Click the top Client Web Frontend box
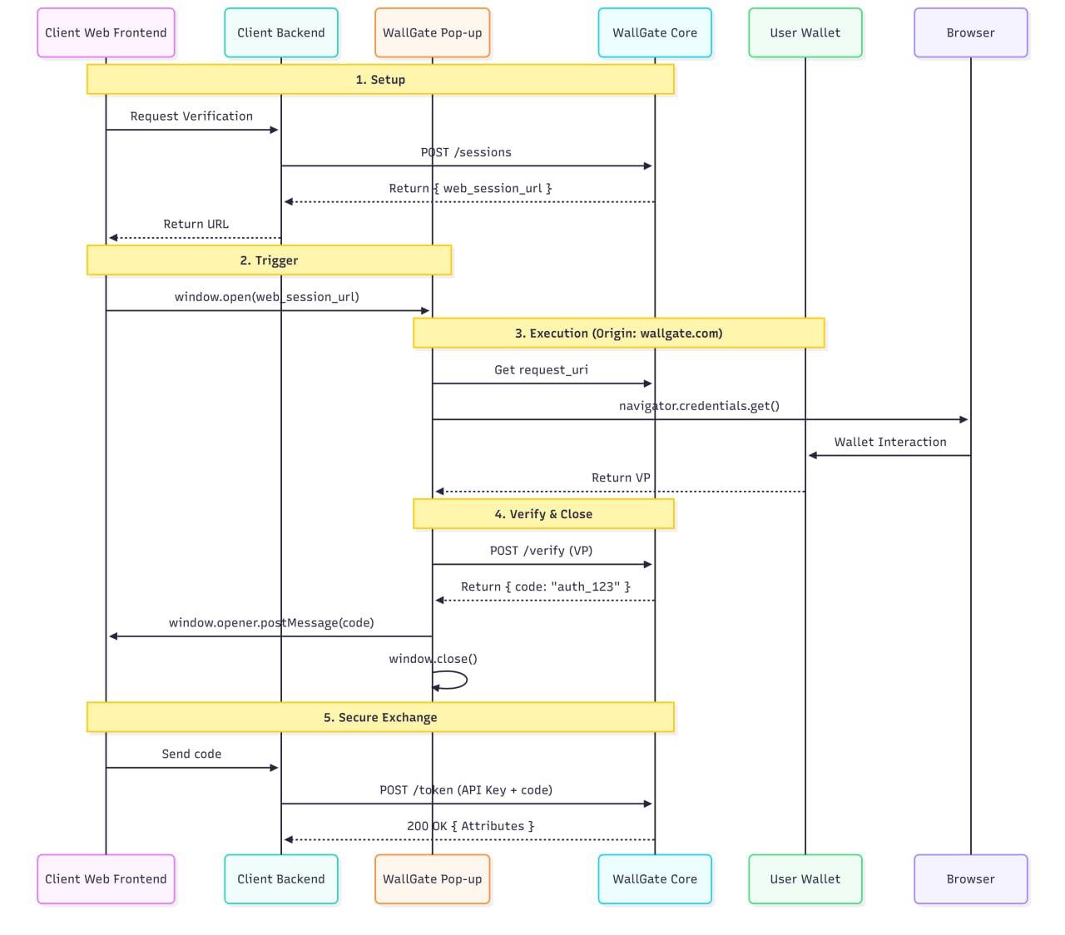[x=106, y=33]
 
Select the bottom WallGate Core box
[x=655, y=879]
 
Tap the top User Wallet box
[x=805, y=33]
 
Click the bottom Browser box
[x=970, y=879]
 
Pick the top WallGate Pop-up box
[x=432, y=33]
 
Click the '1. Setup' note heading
[x=380, y=80]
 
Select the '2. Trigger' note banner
[x=269, y=260]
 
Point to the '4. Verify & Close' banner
[x=543, y=514]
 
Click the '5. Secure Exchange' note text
[x=380, y=717]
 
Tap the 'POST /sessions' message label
[x=466, y=152]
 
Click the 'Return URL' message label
[x=196, y=224]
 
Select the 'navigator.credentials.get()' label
[x=699, y=406]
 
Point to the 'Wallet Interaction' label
[x=890, y=442]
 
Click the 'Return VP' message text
[x=621, y=477]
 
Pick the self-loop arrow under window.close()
[x=453, y=680]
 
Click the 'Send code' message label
[x=191, y=754]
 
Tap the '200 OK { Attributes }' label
[x=470, y=826]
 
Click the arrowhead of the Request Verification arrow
[x=274, y=130]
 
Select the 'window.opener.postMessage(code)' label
[x=271, y=622]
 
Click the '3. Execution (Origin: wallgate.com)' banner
[x=618, y=334]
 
